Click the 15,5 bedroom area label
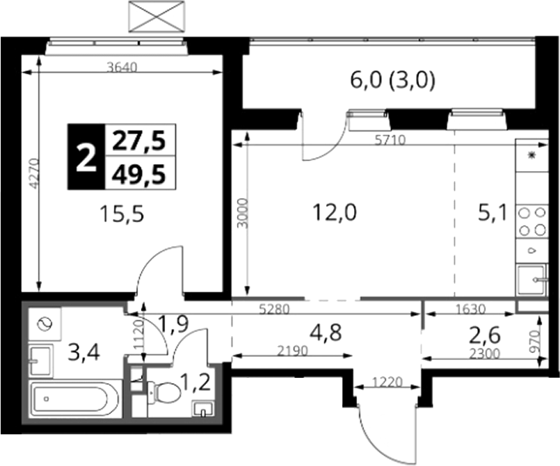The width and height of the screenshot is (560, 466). click(122, 214)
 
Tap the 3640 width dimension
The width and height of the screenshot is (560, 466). click(122, 67)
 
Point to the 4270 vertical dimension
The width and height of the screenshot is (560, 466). click(34, 173)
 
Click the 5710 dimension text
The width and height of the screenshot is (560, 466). click(390, 140)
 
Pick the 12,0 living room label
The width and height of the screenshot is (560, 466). click(335, 213)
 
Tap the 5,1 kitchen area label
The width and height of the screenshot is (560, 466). click(493, 214)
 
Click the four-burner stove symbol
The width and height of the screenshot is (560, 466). click(532, 221)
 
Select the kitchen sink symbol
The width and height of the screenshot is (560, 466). click(532, 279)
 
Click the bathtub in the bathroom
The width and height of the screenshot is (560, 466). click(74, 399)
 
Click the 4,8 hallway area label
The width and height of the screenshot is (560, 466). click(326, 333)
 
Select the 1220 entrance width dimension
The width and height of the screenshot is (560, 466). click(387, 382)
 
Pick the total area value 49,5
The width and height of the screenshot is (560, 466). click(139, 174)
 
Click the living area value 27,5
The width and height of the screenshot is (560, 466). click(139, 141)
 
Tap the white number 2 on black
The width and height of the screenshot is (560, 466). click(86, 157)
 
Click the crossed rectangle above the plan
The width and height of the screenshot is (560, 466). click(156, 17)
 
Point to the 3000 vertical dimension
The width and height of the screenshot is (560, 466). click(243, 213)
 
